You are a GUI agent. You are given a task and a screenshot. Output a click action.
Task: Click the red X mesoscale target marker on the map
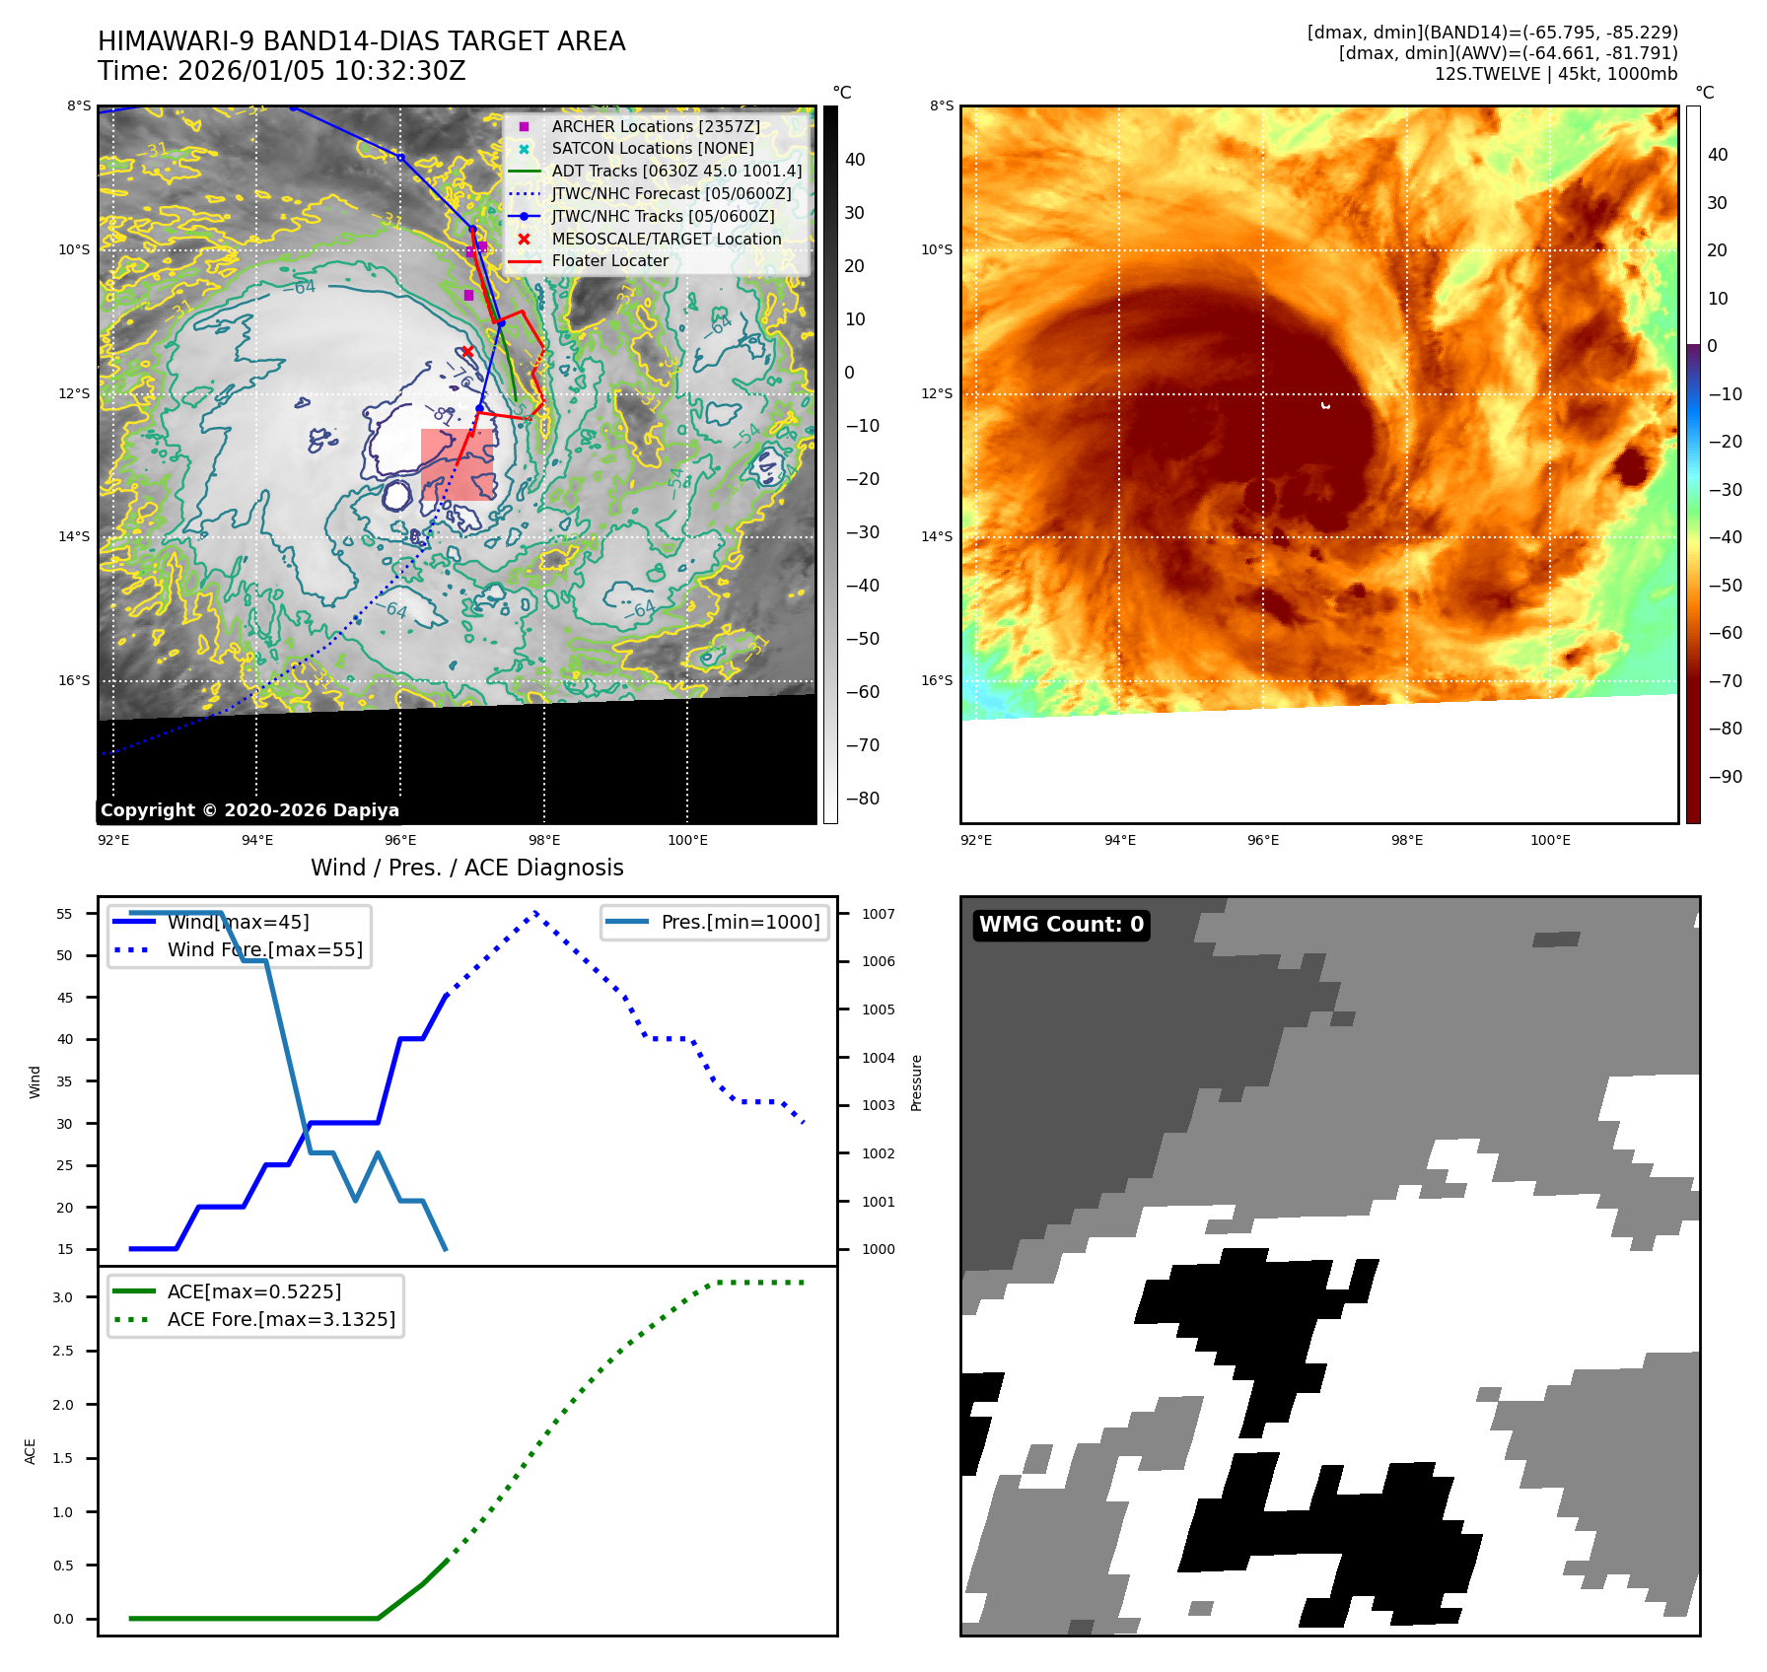click(x=467, y=352)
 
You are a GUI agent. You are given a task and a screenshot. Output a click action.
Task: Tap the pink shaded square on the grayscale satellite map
click(x=458, y=464)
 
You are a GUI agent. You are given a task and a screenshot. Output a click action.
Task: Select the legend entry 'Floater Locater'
click(x=609, y=261)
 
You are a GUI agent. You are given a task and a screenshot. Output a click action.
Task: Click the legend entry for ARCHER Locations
click(x=655, y=126)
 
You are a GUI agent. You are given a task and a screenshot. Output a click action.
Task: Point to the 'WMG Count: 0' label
click(x=1061, y=925)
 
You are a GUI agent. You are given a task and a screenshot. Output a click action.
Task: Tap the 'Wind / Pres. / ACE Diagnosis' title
click(x=467, y=868)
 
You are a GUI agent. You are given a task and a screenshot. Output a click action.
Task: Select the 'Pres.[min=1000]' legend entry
click(x=740, y=922)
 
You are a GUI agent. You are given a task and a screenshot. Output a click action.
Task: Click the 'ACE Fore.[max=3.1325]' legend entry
click(x=281, y=1319)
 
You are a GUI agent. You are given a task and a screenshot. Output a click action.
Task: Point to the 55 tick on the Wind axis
click(x=65, y=914)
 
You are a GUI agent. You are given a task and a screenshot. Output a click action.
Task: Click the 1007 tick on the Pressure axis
click(x=879, y=914)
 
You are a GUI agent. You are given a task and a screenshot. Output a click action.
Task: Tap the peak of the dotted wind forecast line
click(x=535, y=912)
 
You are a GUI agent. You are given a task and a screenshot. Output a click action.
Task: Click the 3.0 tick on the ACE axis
click(x=63, y=1297)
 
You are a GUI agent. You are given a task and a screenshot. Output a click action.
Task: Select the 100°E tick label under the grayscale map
click(x=687, y=840)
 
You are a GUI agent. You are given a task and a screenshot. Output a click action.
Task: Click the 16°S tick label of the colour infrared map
click(x=937, y=680)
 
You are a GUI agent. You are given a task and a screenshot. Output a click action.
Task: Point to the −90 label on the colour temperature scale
click(x=1725, y=777)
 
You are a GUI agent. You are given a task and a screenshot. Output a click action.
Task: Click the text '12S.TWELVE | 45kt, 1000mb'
click(x=1556, y=74)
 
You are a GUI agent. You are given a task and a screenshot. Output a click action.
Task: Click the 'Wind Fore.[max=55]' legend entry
click(x=264, y=949)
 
